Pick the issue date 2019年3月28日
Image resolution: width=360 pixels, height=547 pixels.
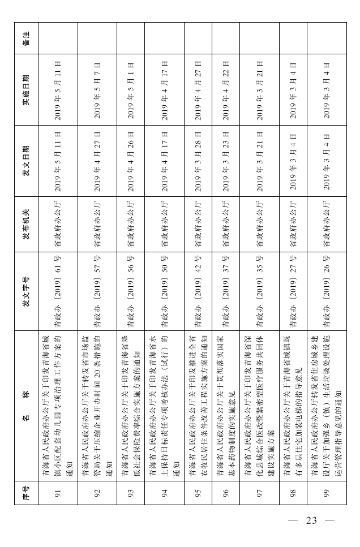coord(198,160)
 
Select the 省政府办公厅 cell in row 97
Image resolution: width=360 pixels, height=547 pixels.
coord(259,224)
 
